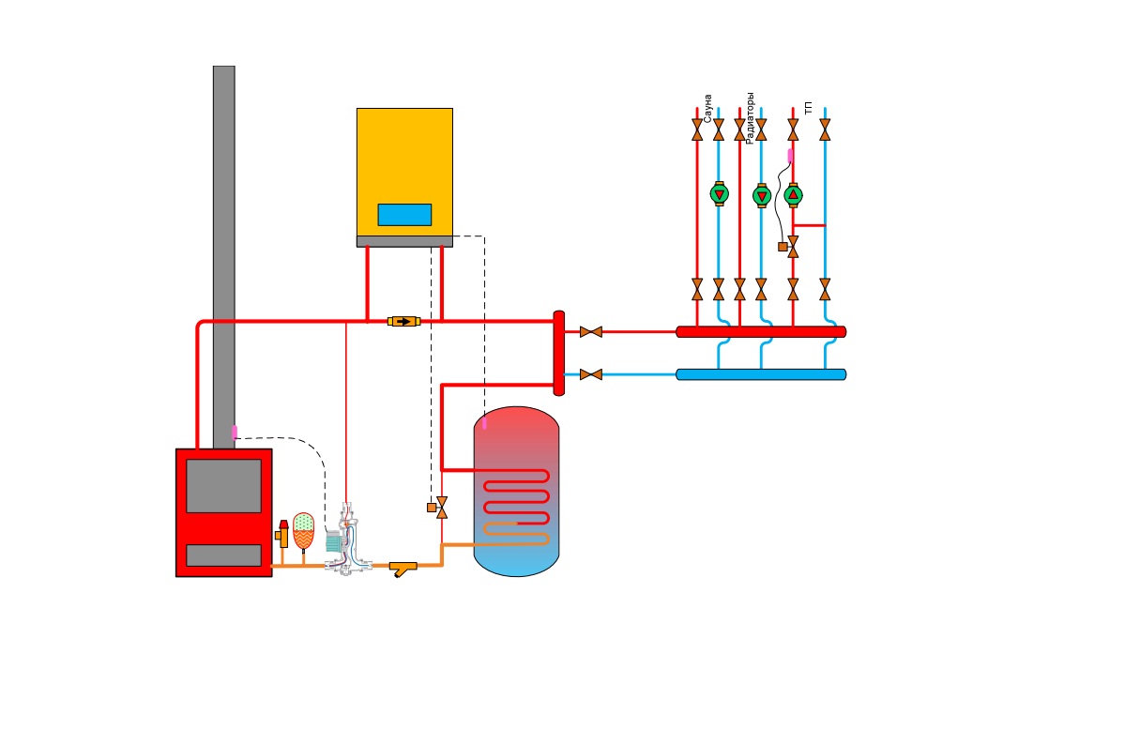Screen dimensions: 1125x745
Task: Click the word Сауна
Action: pyautogui.click(x=707, y=109)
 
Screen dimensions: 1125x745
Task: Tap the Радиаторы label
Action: pyautogui.click(x=750, y=118)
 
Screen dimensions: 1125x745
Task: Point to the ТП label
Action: pyautogui.click(x=809, y=108)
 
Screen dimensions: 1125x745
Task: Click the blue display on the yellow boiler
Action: pyautogui.click(x=404, y=215)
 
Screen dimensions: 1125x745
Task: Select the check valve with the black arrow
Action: pyautogui.click(x=404, y=322)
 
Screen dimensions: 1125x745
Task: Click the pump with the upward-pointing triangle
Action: pyautogui.click(x=793, y=195)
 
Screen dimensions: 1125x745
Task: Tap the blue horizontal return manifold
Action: pyautogui.click(x=761, y=374)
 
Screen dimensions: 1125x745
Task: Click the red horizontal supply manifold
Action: pyautogui.click(x=761, y=331)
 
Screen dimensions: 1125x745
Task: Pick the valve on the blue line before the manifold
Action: pyautogui.click(x=591, y=374)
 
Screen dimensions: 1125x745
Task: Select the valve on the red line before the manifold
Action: pyautogui.click(x=591, y=331)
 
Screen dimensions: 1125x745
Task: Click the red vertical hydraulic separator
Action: pyautogui.click(x=559, y=353)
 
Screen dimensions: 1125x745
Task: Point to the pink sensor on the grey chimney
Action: pyautogui.click(x=234, y=432)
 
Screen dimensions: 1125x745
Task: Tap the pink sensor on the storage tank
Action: pyautogui.click(x=484, y=423)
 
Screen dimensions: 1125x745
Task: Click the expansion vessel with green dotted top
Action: pyautogui.click(x=303, y=531)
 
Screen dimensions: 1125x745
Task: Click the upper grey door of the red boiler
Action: pyautogui.click(x=224, y=486)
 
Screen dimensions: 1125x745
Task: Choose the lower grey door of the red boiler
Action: pyautogui.click(x=224, y=555)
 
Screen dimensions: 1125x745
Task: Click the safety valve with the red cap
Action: pyautogui.click(x=282, y=534)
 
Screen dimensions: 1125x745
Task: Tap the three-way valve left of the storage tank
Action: pyautogui.click(x=438, y=508)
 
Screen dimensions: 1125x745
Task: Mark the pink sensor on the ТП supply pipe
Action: pyautogui.click(x=791, y=155)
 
